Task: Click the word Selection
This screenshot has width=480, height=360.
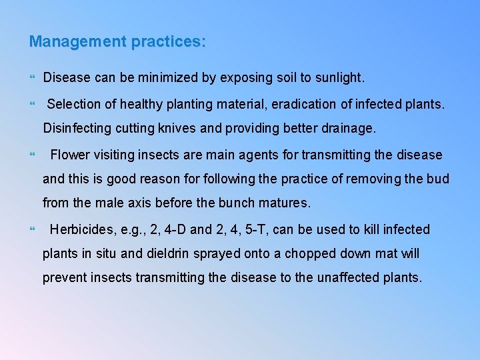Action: pos(73,105)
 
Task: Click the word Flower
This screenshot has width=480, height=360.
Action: pos(69,155)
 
